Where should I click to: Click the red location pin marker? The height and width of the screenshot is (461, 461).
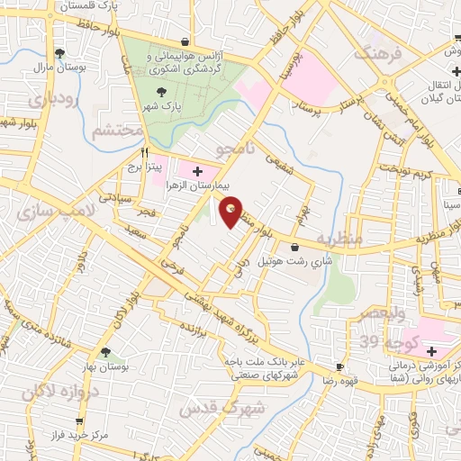point(232,212)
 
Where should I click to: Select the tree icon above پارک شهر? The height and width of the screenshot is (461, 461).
point(162,92)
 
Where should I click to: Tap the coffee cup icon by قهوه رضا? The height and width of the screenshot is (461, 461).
point(340,367)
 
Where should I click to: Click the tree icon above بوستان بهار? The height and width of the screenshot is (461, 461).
point(106,352)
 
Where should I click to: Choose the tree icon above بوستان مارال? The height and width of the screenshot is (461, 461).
point(60,53)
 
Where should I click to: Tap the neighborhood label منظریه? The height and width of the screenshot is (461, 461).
point(346,238)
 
